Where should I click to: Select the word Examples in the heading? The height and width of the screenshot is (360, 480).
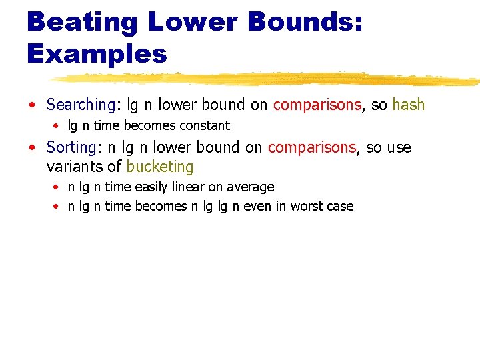point(97,54)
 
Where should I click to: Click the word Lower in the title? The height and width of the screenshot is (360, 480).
point(193,21)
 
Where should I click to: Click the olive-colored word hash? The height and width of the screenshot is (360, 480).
point(409,105)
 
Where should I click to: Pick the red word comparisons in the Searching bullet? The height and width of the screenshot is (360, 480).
point(317,105)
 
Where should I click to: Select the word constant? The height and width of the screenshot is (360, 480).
point(205,125)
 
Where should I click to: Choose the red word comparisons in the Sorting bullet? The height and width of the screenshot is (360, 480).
point(312,147)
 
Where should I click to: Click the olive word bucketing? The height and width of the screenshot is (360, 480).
point(160,167)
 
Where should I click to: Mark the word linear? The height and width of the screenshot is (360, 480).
point(191,187)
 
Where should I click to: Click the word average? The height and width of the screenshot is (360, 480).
point(252,187)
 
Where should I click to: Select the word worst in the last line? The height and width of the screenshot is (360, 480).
point(307,206)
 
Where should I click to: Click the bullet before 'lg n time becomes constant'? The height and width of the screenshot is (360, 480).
point(58,126)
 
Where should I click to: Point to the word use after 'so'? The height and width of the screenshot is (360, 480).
point(398,147)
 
